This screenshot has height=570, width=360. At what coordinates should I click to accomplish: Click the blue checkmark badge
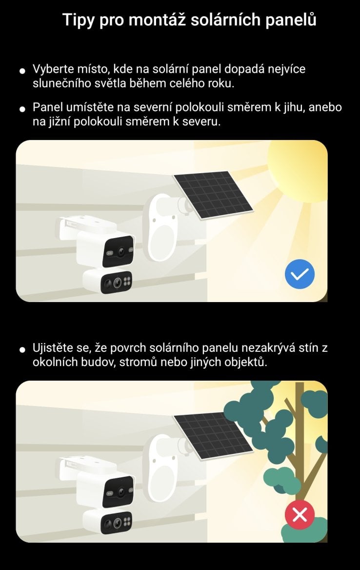tap(300, 274)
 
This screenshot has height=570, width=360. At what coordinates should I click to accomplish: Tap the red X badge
tap(300, 514)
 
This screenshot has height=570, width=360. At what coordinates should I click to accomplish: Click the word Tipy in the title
tap(78, 20)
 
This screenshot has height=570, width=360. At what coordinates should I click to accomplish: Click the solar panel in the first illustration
tap(213, 195)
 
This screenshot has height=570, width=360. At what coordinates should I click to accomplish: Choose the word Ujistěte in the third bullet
tap(54, 348)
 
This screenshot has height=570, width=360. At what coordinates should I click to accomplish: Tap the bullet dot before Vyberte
tap(22, 70)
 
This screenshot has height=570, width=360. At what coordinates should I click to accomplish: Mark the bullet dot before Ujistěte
tap(22, 349)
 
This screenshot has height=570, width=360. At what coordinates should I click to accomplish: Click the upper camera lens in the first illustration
tap(120, 251)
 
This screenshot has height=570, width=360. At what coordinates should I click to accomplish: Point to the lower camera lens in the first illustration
tap(117, 282)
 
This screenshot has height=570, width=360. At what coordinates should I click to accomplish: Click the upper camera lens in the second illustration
tap(120, 492)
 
